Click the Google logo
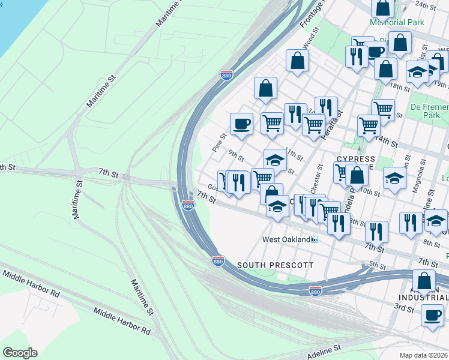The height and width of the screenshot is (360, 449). tap(20, 352)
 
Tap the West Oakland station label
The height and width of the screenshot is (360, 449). tap(286, 239)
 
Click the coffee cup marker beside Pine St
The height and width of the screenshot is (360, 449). tap(241, 124)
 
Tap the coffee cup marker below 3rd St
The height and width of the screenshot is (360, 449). tap(432, 315)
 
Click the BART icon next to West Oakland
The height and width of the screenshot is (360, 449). tap(315, 239)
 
